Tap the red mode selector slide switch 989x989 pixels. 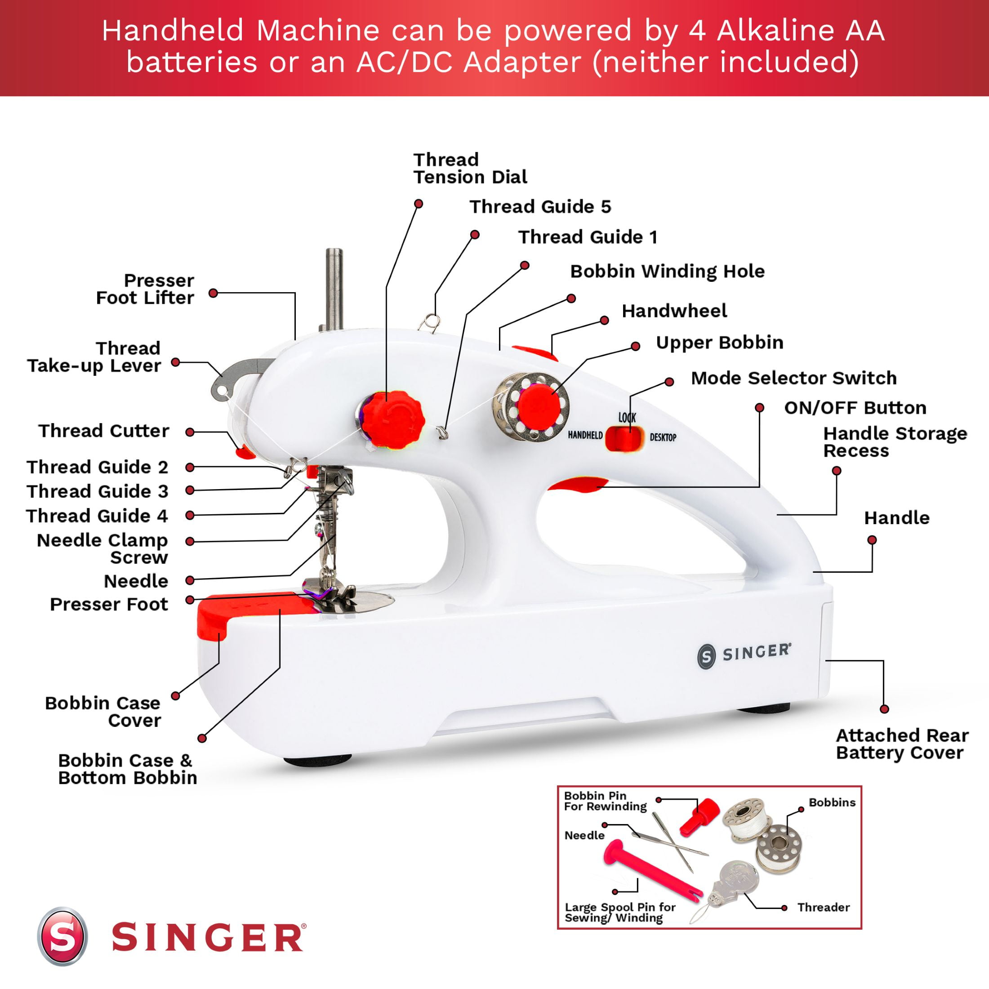(624, 438)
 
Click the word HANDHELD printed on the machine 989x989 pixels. (585, 435)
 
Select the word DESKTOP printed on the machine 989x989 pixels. (663, 437)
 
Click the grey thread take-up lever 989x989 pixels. (241, 377)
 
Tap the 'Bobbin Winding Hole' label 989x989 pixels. (667, 272)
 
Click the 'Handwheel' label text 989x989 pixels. (674, 311)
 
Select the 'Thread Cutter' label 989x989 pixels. (103, 431)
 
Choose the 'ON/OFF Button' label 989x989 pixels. (855, 408)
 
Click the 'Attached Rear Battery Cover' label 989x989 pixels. (902, 744)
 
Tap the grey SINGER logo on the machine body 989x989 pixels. (744, 654)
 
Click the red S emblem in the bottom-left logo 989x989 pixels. (62, 936)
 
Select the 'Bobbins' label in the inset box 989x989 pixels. (832, 802)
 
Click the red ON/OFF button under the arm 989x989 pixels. (578, 484)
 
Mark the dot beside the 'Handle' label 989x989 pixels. (872, 540)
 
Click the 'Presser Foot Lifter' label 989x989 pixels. (145, 289)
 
